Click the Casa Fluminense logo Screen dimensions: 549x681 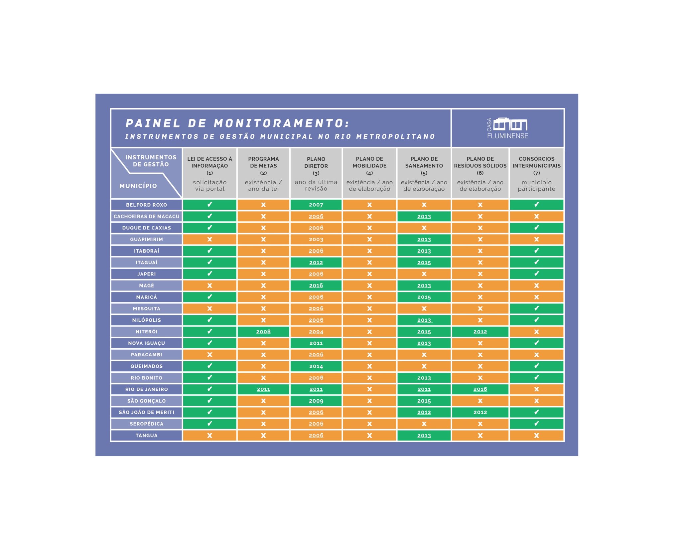click(507, 128)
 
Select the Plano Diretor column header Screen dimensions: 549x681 click(316, 173)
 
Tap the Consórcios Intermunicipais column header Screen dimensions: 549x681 click(536, 173)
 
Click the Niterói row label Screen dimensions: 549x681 click(146, 332)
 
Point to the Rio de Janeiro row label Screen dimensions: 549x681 click(146, 389)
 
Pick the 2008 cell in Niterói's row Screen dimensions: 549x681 click(263, 332)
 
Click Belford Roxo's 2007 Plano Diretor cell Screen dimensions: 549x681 click(316, 205)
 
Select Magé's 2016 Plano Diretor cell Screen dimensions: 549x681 click(316, 285)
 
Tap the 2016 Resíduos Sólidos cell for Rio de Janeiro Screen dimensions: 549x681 click(480, 389)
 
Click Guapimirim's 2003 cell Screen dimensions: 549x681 click(316, 240)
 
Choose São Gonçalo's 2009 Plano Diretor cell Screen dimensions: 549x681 click(316, 401)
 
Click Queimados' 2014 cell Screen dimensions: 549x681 click(316, 366)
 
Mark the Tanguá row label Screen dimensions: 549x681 click(146, 436)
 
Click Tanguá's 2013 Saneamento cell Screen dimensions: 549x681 click(424, 436)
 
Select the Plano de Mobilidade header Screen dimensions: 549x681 click(369, 173)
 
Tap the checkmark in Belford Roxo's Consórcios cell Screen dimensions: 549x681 click(536, 205)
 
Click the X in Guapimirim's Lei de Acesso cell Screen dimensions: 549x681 click(209, 240)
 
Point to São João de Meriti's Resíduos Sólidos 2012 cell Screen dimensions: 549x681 click(480, 412)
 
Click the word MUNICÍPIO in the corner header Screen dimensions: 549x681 click(138, 186)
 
